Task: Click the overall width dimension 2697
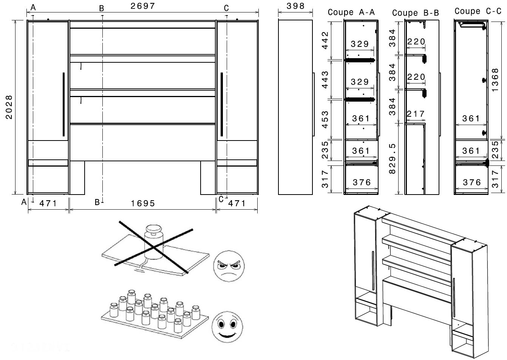point(142,6)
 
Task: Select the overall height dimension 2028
point(9,107)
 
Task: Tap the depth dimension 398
point(295,6)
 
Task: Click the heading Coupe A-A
point(351,12)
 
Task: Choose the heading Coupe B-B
point(416,13)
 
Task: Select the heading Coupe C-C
point(478,11)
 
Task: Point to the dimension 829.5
point(393,159)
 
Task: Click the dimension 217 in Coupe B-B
point(416,114)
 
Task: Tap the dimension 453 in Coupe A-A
point(325,119)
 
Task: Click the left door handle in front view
point(63,104)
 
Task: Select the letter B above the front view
point(101,8)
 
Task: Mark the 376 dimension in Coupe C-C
point(471,182)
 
